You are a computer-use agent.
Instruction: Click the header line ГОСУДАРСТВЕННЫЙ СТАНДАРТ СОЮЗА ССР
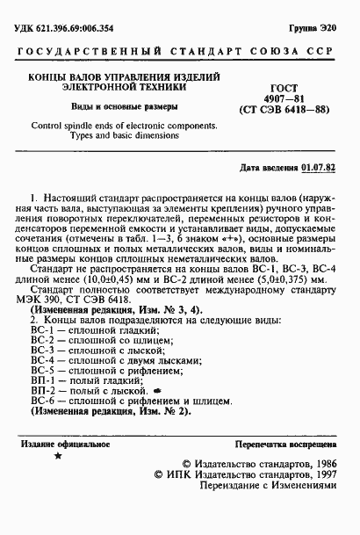[180, 55]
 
